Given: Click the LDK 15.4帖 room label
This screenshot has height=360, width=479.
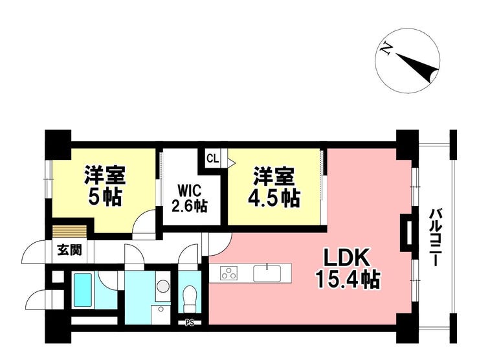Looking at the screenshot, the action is click(x=348, y=269).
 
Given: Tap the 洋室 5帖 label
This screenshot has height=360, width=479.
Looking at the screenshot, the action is click(x=105, y=185).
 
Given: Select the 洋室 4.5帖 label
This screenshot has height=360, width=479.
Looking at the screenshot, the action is click(x=273, y=187).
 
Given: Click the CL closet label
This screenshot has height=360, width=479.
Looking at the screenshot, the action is click(x=212, y=159).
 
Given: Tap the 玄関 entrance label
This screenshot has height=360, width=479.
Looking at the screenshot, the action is click(x=70, y=251).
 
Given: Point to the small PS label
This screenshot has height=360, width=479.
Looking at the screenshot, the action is click(x=190, y=322).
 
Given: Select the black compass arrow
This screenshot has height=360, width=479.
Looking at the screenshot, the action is click(x=418, y=68).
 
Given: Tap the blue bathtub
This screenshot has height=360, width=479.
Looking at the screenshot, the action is click(x=83, y=290).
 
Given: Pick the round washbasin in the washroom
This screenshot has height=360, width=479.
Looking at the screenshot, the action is click(x=163, y=286).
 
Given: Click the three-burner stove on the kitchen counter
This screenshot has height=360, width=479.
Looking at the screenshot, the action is click(x=229, y=273).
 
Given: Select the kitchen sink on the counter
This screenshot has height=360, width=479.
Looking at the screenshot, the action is click(x=267, y=273).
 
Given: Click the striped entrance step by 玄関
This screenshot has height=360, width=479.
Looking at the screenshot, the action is click(x=70, y=232).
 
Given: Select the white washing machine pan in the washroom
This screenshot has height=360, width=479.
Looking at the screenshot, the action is click(x=161, y=313).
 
